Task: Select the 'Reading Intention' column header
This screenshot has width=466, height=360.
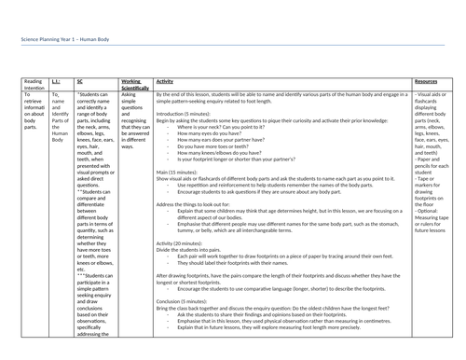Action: click(x=34, y=87)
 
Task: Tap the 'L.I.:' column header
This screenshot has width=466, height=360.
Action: click(x=58, y=83)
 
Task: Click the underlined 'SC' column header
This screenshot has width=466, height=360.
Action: click(x=80, y=83)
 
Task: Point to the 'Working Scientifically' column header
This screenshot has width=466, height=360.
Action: click(x=136, y=87)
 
